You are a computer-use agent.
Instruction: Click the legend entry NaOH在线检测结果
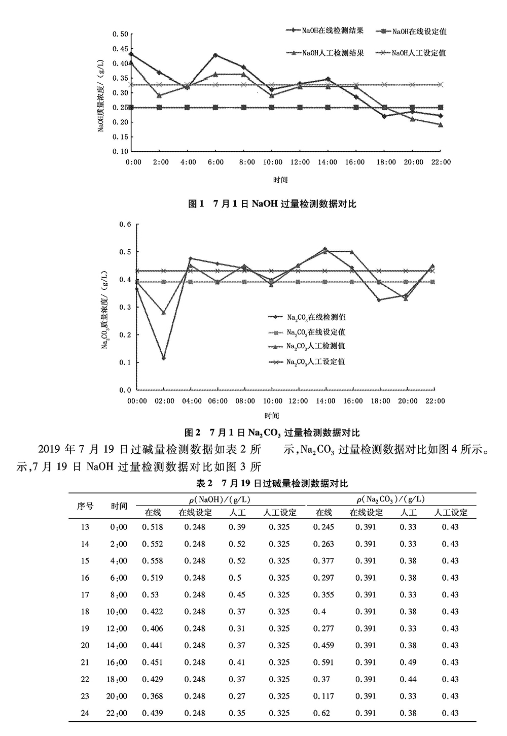(x=332, y=30)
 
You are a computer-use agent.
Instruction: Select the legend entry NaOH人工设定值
(x=418, y=53)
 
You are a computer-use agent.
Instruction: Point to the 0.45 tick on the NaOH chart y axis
(x=122, y=49)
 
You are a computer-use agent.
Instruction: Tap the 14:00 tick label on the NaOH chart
(x=328, y=162)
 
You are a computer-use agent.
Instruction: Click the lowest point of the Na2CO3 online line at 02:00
(x=163, y=358)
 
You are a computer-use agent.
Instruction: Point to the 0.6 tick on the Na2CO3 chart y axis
(x=125, y=224)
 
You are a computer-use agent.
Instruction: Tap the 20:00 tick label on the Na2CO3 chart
(x=408, y=401)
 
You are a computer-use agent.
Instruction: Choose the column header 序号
(x=85, y=506)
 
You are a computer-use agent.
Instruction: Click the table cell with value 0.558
(x=153, y=561)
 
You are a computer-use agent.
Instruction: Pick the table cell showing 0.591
(x=323, y=662)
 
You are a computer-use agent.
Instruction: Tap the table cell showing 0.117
(x=323, y=696)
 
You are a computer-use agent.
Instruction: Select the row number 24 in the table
(x=85, y=713)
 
